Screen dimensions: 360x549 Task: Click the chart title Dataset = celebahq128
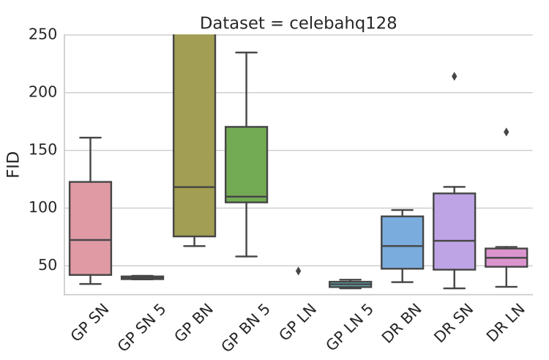pos(299,23)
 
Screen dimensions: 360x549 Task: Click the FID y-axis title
pos(13,165)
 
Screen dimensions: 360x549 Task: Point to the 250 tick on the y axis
pos(43,35)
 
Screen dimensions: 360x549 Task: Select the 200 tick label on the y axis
pos(43,93)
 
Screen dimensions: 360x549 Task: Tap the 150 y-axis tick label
pos(43,151)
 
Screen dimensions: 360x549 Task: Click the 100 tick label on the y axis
pos(43,208)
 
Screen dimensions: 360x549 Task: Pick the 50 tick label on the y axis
pos(48,266)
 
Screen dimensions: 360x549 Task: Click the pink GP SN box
pos(90,228)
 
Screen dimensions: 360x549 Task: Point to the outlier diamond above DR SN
pos(454,76)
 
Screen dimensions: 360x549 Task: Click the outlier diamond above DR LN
pos(506,132)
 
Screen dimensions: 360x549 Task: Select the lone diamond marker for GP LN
pos(298,271)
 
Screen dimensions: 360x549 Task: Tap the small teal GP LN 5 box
pos(350,284)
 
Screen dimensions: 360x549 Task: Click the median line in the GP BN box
pos(194,187)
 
